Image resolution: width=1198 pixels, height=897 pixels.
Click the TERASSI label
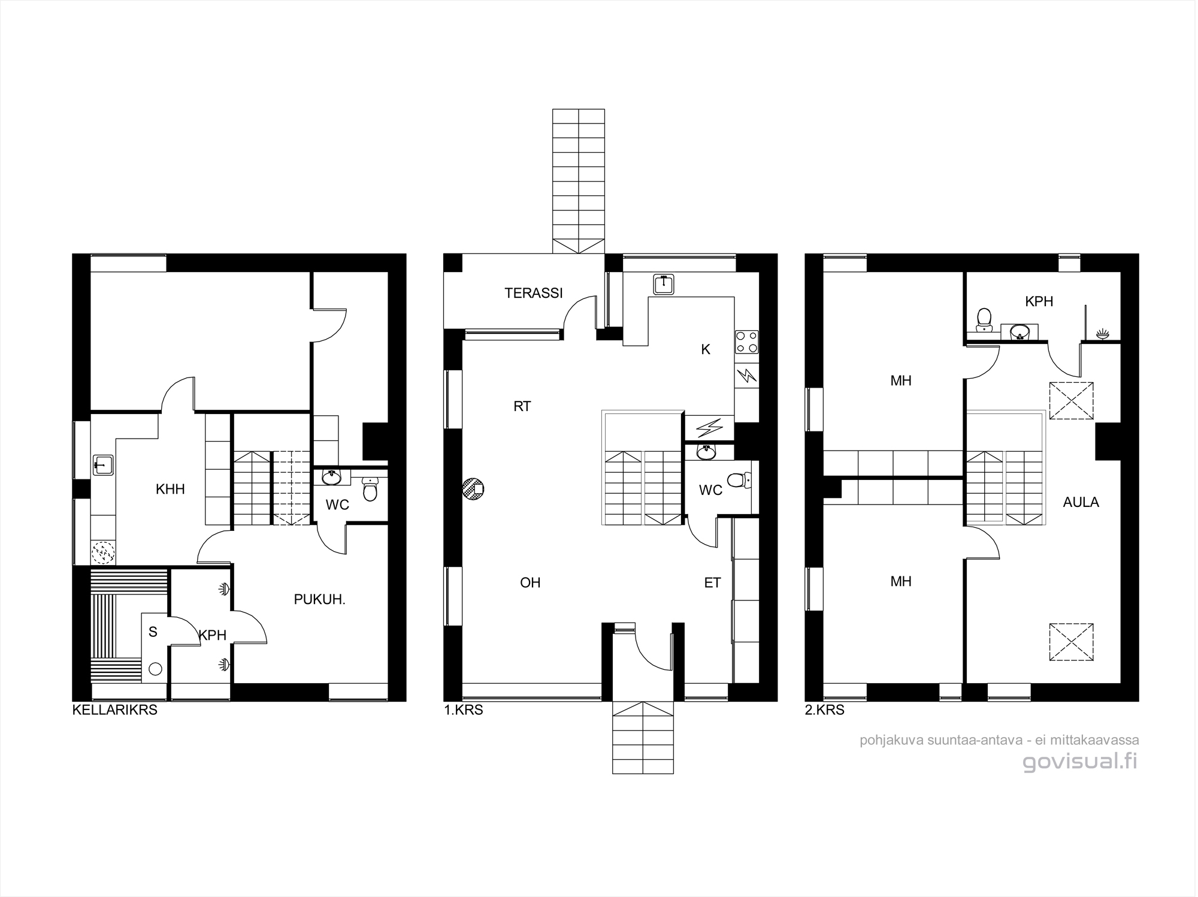coord(534,293)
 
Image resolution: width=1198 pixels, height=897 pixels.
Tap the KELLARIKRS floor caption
coord(115,710)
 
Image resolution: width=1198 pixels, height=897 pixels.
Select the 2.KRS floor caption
coord(825,710)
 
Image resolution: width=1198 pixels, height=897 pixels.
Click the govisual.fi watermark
coord(1080,762)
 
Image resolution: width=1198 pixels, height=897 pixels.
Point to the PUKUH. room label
coord(320,599)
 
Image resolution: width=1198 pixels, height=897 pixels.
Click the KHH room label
coord(170,489)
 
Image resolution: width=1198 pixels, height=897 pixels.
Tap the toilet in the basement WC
coord(371,489)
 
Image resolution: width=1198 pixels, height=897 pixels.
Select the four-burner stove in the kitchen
coord(746,342)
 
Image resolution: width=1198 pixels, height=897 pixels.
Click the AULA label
coord(1081,502)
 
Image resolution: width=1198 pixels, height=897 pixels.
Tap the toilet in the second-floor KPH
coord(984,319)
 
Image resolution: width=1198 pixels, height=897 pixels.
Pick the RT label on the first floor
coord(522,406)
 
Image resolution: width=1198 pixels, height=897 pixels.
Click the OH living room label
coord(530,582)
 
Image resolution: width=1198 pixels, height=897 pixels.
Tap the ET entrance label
coord(712,582)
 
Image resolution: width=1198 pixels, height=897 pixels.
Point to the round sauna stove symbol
coord(155,670)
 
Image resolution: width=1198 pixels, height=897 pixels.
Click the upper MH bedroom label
coord(901,380)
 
